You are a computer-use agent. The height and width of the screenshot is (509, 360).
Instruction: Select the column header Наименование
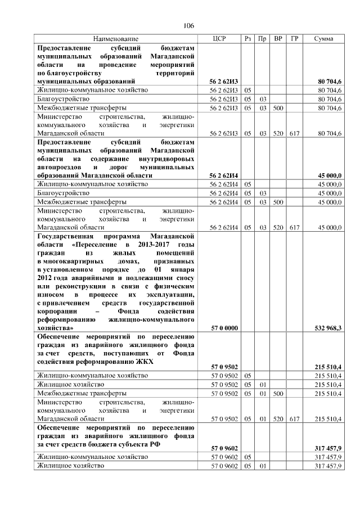(116, 38)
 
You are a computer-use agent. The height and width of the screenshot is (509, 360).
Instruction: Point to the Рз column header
(248, 38)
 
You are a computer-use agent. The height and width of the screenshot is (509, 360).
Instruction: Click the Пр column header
(262, 38)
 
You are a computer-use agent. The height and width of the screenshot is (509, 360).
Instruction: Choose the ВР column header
(278, 38)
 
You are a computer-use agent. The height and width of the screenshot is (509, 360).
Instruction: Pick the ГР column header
(294, 38)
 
